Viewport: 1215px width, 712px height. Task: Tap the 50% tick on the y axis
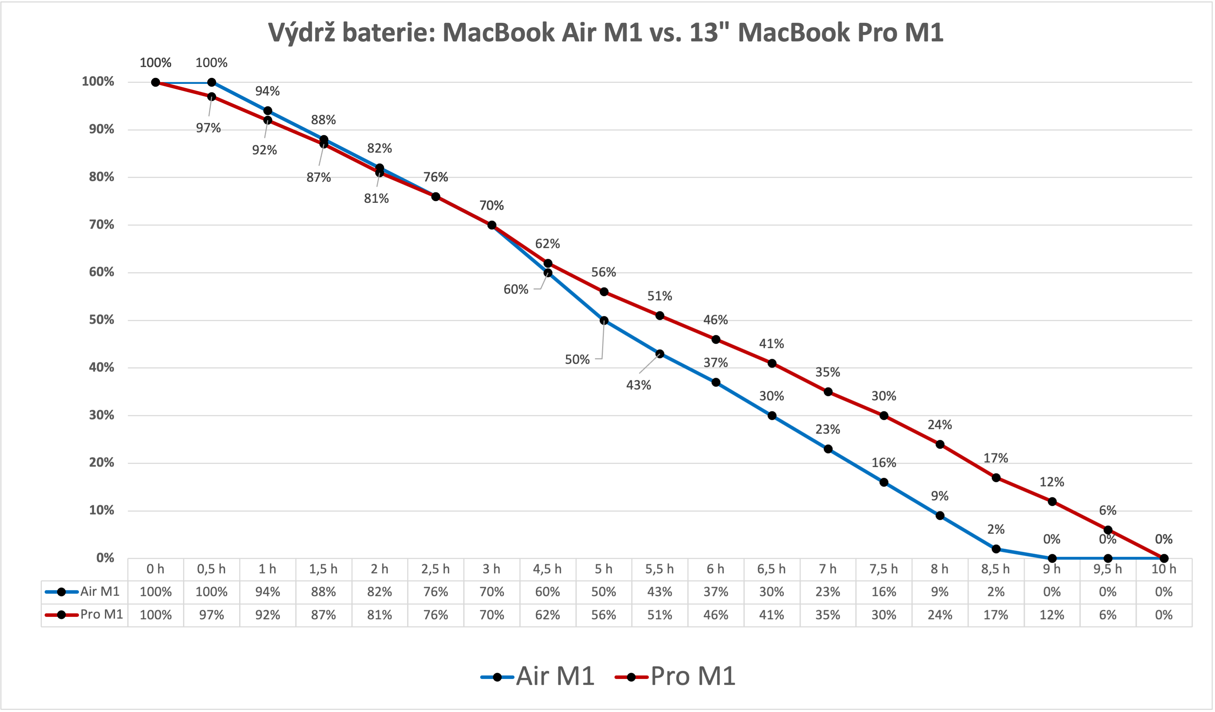[101, 320]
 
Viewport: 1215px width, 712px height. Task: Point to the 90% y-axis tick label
[101, 129]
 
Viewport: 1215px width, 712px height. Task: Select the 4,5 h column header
[547, 569]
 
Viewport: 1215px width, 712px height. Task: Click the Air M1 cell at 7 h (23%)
[828, 592]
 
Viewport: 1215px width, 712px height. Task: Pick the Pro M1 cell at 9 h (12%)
[1052, 615]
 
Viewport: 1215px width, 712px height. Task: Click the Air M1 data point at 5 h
[604, 320]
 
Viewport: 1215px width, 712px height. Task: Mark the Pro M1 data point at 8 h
[940, 444]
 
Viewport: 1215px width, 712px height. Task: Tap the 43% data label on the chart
[638, 385]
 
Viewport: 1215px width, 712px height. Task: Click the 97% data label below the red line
[208, 128]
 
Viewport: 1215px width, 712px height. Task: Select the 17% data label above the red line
[995, 458]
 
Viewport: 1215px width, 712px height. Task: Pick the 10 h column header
[1163, 569]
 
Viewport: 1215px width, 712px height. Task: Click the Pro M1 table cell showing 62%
[547, 615]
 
